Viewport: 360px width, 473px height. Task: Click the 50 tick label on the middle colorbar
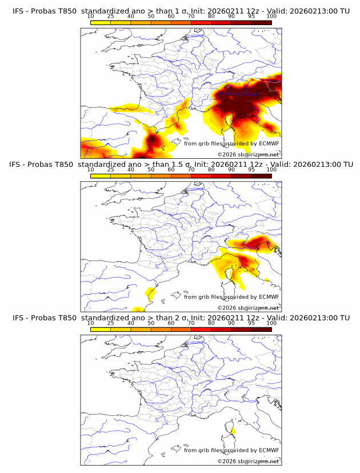click(151, 170)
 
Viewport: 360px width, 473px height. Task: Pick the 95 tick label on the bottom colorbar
click(251, 323)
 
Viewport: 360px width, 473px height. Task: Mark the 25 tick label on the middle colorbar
click(110, 170)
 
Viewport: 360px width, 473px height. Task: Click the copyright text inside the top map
click(249, 154)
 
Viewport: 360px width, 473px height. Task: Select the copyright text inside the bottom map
click(249, 460)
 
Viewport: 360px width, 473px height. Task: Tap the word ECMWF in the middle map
click(269, 296)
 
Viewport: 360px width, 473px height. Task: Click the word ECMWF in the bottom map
click(269, 450)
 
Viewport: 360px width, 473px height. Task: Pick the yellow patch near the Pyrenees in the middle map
click(151, 294)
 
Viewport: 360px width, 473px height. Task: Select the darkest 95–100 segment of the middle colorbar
click(261, 175)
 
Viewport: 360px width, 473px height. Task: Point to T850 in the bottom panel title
click(63, 318)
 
